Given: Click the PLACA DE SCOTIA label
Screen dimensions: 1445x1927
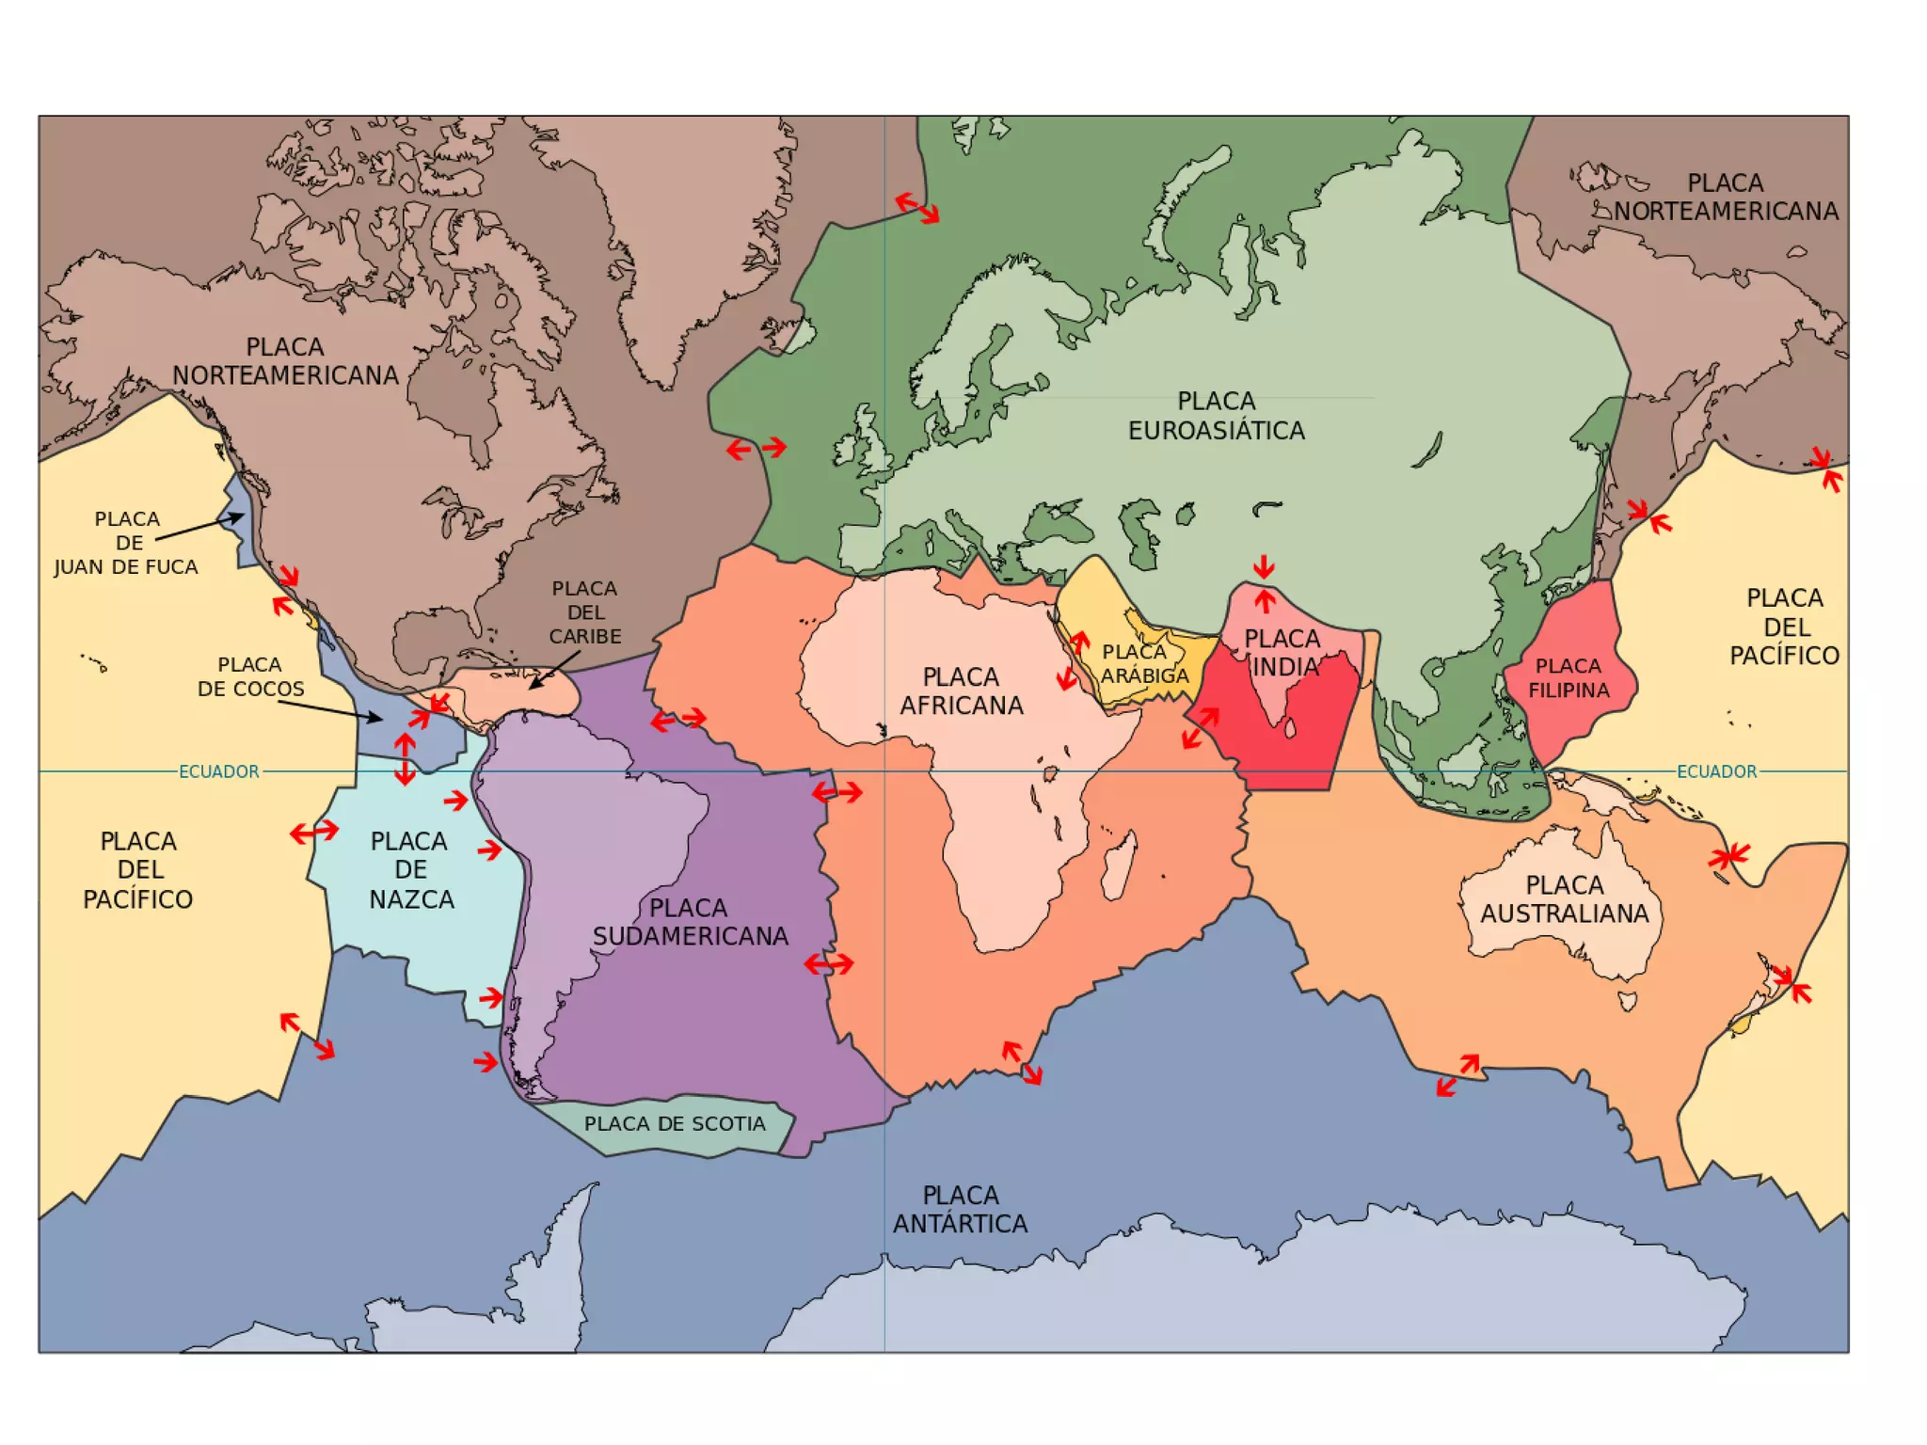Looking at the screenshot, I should [675, 1123].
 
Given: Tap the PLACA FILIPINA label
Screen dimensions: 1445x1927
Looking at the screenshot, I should [1569, 678].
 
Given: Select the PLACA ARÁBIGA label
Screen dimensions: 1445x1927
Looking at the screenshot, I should [1144, 664].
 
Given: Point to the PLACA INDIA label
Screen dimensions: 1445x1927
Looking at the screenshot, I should [1283, 653].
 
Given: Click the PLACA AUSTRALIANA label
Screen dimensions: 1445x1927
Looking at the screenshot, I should [1564, 899].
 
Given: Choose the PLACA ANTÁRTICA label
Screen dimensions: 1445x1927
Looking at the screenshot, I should [960, 1210].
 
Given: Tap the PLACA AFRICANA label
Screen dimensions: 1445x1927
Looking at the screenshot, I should [961, 691].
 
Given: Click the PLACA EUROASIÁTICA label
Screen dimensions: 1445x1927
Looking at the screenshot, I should [1216, 416].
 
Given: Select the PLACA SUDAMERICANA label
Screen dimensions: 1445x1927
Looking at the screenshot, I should [690, 922].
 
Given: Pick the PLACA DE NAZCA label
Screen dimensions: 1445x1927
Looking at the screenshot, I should [410, 870].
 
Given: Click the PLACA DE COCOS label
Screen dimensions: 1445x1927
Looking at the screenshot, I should [250, 677].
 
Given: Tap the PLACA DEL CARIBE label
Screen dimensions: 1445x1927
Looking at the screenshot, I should [585, 612].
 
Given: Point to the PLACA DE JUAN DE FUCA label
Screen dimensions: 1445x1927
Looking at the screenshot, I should [126, 543].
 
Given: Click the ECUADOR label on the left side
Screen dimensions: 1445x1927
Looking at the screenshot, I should [218, 771].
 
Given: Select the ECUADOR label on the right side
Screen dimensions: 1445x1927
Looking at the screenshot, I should [1716, 771].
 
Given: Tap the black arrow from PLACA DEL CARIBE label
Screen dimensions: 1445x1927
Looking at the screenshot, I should [554, 669].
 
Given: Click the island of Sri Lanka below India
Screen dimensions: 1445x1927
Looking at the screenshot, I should [1290, 728].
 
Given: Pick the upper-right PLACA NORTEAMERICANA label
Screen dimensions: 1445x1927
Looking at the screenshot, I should [1726, 198].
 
